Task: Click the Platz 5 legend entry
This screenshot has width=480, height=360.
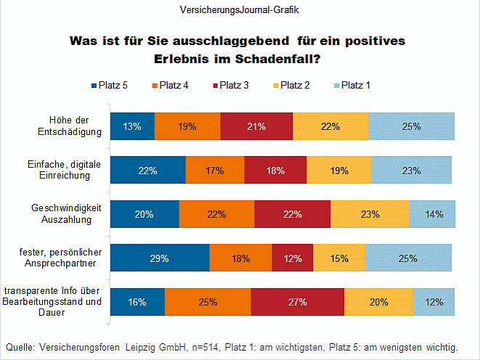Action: [110, 86]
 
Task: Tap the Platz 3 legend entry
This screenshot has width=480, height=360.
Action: [229, 86]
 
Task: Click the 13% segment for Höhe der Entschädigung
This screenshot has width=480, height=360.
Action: [132, 126]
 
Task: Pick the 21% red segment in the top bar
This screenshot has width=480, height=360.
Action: [256, 126]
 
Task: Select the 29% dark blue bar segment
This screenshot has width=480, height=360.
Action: [160, 258]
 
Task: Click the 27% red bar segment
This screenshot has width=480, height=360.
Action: [298, 302]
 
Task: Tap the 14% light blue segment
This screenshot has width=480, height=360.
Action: [432, 214]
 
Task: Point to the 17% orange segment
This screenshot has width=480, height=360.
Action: [215, 171]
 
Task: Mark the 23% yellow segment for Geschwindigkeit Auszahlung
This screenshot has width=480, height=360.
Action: [369, 214]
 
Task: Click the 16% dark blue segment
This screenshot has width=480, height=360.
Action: [137, 302]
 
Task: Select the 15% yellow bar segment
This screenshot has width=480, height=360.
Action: [339, 258]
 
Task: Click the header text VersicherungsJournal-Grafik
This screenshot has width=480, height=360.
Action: [239, 10]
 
